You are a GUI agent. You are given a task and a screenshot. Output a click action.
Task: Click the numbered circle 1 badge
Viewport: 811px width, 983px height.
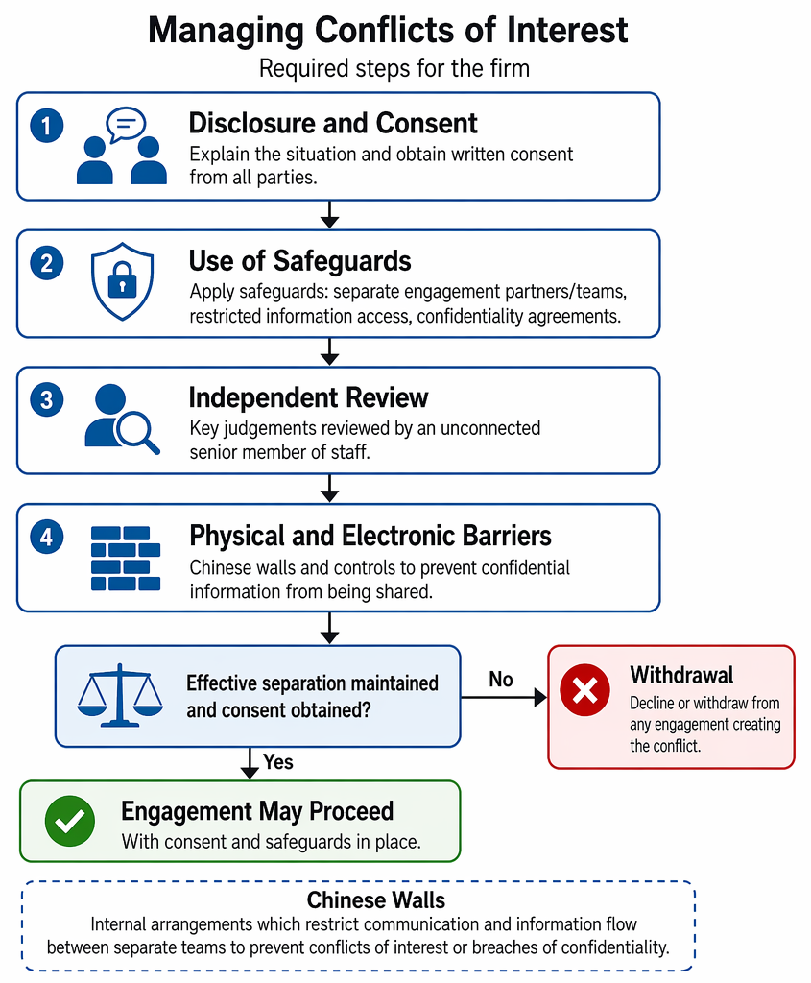[46, 126]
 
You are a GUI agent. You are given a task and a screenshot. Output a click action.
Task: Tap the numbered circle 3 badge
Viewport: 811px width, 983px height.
[46, 400]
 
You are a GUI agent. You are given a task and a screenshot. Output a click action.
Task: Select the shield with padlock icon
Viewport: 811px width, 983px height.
[122, 281]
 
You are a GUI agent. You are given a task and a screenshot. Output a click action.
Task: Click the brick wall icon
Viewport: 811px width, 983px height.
[126, 559]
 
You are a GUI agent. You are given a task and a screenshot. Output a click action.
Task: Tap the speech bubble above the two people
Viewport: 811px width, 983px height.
[126, 124]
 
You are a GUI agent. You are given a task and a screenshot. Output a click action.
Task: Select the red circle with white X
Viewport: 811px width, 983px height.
[584, 690]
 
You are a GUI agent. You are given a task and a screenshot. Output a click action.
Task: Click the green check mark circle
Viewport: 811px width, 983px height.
[69, 822]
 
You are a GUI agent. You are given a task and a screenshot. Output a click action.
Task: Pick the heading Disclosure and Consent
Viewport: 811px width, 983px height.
[333, 124]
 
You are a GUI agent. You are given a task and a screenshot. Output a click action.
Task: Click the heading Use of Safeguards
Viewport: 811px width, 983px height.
[299, 261]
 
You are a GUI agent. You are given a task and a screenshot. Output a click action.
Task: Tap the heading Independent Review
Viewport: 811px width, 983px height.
[308, 397]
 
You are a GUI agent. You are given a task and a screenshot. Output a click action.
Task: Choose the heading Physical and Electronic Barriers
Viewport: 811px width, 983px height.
[370, 536]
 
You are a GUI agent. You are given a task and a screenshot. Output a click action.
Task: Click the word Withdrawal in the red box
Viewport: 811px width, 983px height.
[681, 675]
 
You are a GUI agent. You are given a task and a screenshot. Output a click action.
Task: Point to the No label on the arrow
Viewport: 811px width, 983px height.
[501, 679]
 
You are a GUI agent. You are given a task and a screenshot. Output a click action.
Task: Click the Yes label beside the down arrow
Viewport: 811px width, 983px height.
[278, 761]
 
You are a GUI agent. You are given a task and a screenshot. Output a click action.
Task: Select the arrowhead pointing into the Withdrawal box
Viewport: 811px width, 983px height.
[540, 697]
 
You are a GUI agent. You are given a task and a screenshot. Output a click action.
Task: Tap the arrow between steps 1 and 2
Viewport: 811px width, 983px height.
[329, 214]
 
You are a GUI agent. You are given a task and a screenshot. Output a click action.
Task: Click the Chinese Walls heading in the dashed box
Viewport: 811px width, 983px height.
[376, 900]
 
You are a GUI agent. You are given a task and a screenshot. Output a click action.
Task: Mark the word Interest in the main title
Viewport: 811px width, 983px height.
[566, 30]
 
